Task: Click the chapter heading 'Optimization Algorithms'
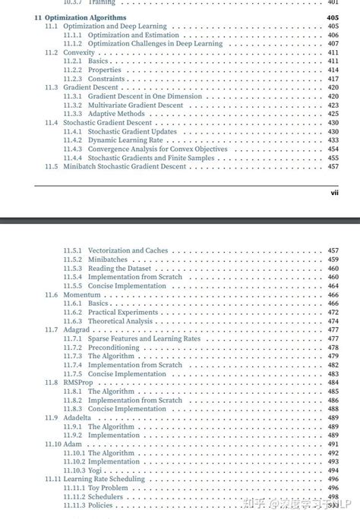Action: (86, 17)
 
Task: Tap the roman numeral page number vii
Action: (333, 193)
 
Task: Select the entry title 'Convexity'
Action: (79, 52)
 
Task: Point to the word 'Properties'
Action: (104, 70)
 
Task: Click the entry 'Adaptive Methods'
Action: (115, 114)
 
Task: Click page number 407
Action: (333, 43)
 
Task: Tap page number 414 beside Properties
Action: (333, 70)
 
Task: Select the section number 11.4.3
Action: (73, 149)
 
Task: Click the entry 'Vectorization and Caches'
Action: (128, 250)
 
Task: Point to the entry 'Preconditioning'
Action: (113, 348)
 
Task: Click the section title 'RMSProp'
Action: (79, 382)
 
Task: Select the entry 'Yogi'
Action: (94, 470)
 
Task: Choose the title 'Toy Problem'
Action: (109, 488)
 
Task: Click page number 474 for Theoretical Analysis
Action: (333, 321)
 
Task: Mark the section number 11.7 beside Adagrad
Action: (51, 330)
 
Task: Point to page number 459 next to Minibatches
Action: (333, 259)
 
